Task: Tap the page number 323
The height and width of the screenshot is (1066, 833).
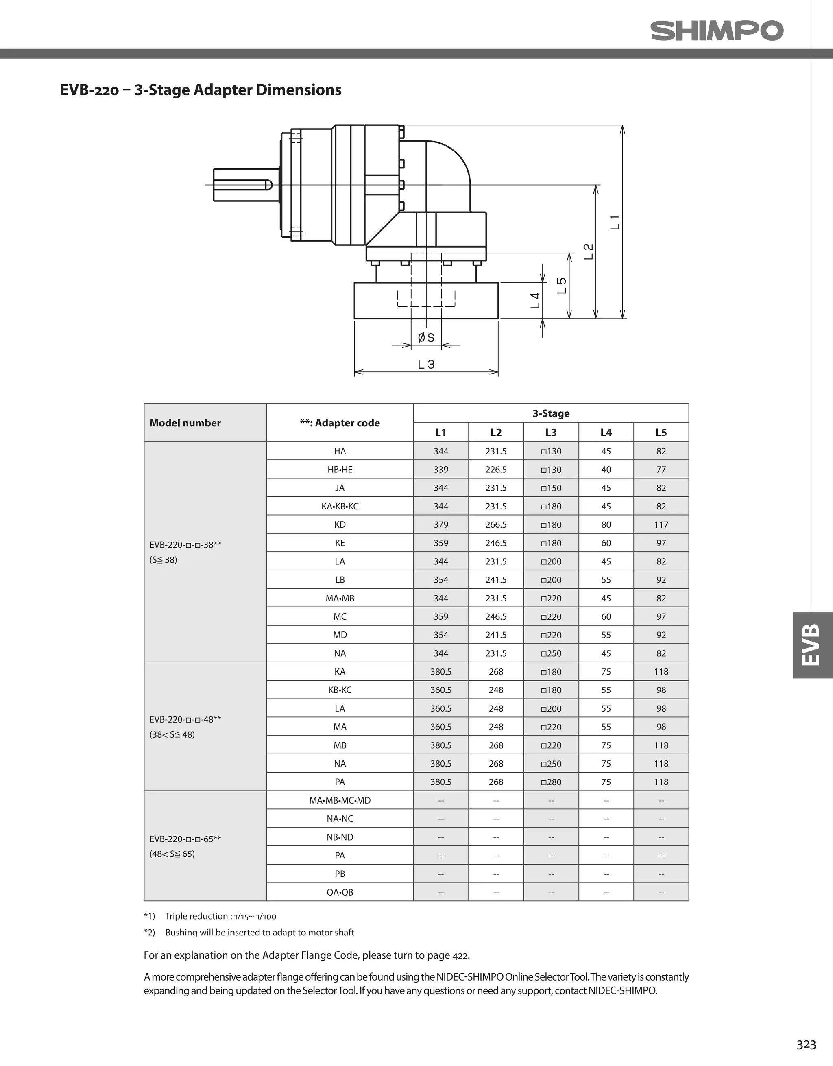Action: click(x=806, y=1044)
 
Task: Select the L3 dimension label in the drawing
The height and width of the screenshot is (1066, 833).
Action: click(x=425, y=364)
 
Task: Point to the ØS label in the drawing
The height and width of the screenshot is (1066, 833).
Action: click(x=425, y=337)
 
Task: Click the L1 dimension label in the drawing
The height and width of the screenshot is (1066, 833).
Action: click(x=615, y=222)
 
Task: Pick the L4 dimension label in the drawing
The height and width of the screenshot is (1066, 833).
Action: click(x=535, y=300)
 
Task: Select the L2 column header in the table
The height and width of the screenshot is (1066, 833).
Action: click(x=496, y=433)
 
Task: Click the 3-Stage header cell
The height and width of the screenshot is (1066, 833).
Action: click(x=551, y=413)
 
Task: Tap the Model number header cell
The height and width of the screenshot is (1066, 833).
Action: click(x=185, y=423)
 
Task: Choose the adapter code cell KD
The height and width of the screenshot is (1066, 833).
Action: click(x=340, y=525)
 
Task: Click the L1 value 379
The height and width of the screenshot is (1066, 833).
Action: click(x=440, y=525)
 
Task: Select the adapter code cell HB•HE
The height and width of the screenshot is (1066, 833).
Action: click(x=340, y=470)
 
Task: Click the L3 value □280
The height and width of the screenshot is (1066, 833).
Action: click(x=551, y=782)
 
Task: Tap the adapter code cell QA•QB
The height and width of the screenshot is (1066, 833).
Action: click(x=340, y=892)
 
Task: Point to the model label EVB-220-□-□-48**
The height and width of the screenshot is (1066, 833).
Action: click(x=185, y=719)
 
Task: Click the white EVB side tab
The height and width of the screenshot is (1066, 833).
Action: click(x=812, y=645)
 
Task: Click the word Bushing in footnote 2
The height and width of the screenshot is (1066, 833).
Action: click(x=181, y=932)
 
